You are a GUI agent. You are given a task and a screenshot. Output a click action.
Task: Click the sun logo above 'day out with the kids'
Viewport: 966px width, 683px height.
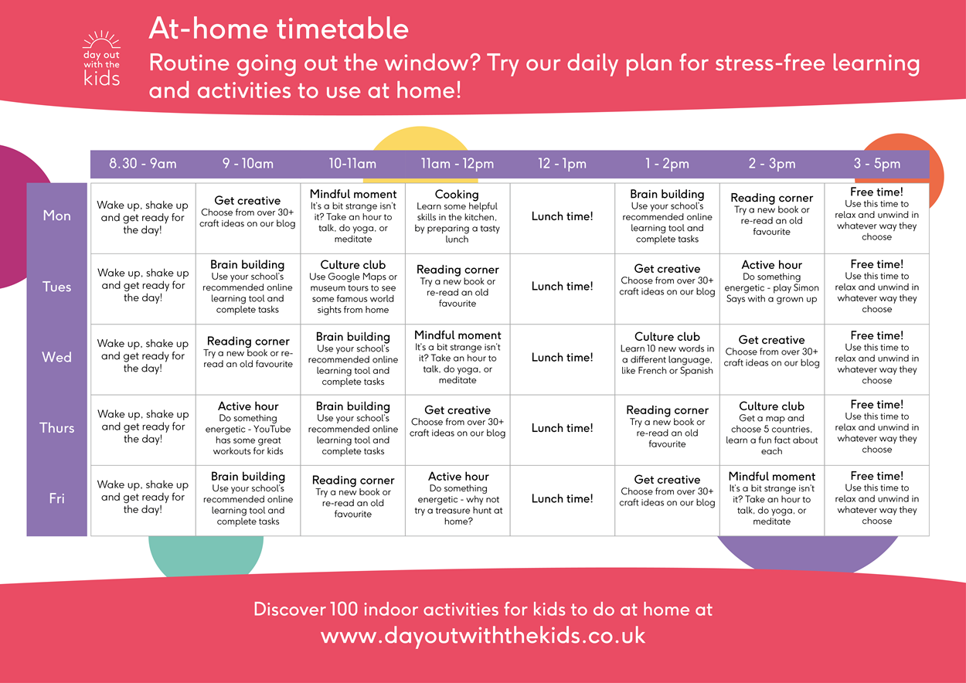pyautogui.click(x=101, y=39)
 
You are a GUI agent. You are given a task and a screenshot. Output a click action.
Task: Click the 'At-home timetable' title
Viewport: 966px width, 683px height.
pyautogui.click(x=278, y=29)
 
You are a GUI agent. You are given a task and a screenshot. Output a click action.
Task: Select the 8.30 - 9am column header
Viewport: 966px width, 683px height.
pyautogui.click(x=143, y=164)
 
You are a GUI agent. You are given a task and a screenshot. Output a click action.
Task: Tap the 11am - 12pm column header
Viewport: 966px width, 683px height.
pyautogui.click(x=457, y=164)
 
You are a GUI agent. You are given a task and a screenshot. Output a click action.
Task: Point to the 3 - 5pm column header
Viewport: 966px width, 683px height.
pyautogui.click(x=877, y=164)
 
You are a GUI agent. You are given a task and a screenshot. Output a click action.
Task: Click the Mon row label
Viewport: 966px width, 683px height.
pyautogui.click(x=57, y=216)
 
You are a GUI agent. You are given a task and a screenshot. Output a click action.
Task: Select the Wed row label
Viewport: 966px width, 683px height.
pyautogui.click(x=57, y=357)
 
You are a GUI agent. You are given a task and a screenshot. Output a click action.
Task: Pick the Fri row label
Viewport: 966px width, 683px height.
pyautogui.click(x=57, y=498)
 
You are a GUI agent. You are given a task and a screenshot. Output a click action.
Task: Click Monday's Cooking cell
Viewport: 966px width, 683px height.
pyautogui.click(x=457, y=217)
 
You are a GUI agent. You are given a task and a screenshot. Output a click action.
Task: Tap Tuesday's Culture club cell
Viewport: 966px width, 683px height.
pyautogui.click(x=353, y=287)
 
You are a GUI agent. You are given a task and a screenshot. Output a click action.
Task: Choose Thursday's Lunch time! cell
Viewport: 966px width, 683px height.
pyautogui.click(x=563, y=428)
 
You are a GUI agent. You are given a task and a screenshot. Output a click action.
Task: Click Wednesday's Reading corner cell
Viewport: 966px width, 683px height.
pyautogui.click(x=248, y=352)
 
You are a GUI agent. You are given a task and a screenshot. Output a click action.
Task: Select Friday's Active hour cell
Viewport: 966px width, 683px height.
pyautogui.click(x=458, y=498)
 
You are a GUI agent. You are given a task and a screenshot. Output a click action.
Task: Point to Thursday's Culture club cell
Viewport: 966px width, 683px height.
pyautogui.click(x=772, y=429)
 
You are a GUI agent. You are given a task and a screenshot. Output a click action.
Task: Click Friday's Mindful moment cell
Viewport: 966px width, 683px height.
pyautogui.click(x=772, y=498)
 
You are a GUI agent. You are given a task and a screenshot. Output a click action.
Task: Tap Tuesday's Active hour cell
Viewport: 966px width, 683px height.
pyautogui.click(x=772, y=282)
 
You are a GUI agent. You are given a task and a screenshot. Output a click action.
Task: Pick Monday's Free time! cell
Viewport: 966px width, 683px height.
pyautogui.click(x=877, y=215)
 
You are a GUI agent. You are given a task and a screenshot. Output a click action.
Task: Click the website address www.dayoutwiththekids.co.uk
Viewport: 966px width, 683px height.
pyautogui.click(x=483, y=636)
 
